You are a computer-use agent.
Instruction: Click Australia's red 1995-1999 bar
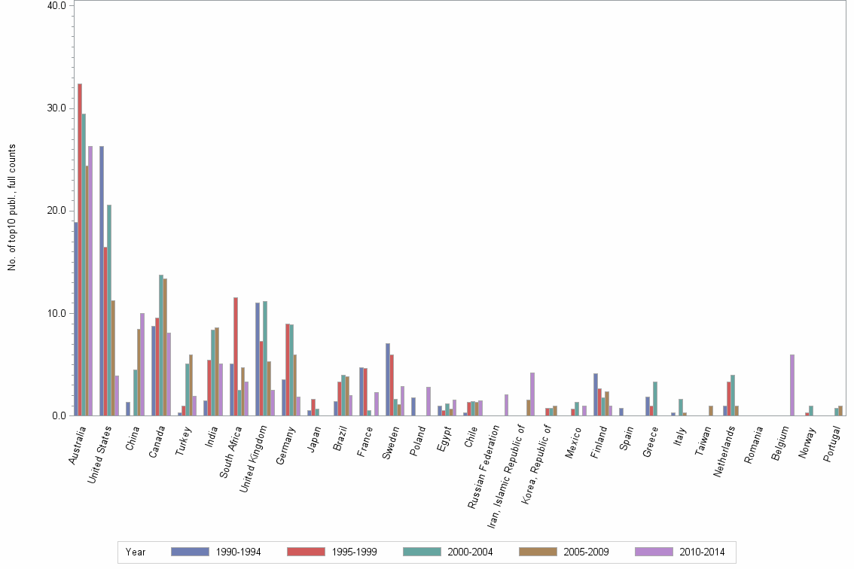(80, 249)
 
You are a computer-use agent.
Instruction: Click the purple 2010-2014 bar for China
(142, 364)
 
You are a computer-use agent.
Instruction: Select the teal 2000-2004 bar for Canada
(161, 345)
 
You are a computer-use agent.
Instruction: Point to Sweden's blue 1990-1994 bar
(388, 379)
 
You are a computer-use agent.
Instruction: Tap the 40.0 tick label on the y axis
(57, 5)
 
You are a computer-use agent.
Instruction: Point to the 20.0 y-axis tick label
(57, 211)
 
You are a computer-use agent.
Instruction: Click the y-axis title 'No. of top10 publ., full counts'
(12, 208)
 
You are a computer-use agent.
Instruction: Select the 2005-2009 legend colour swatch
(538, 552)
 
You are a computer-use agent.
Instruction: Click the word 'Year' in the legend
(136, 552)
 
